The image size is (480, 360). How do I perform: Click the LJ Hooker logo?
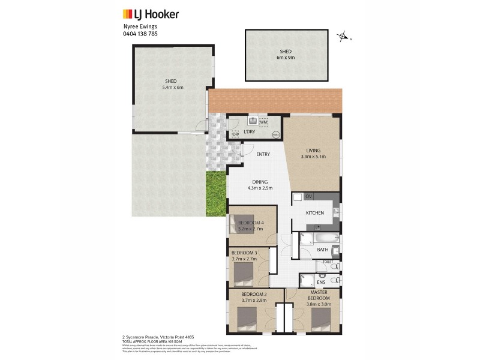pos(151,14)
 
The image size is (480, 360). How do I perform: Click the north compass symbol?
pos(343,37)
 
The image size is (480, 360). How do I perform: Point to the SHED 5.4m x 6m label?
pos(172,84)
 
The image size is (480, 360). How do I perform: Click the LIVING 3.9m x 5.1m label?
pos(313,154)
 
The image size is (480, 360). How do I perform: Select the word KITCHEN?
pos(315,213)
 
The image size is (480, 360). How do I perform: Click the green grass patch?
pos(217,193)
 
